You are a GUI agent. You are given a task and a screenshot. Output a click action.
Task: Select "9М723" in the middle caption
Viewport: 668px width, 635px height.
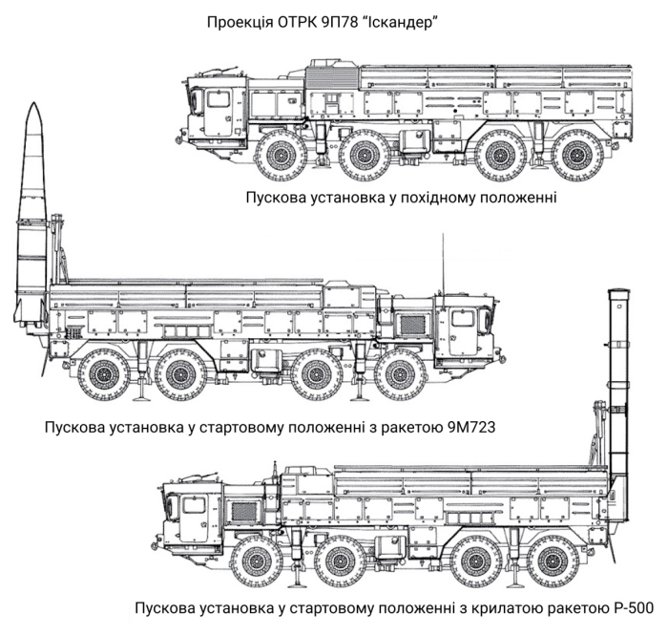click(x=471, y=427)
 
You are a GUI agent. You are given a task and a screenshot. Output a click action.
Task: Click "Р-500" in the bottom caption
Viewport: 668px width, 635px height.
click(x=633, y=608)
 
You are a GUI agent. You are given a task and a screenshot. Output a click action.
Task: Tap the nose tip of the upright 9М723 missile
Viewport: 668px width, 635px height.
click(x=34, y=103)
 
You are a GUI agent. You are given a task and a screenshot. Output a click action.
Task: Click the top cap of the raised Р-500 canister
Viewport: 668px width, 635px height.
click(x=617, y=291)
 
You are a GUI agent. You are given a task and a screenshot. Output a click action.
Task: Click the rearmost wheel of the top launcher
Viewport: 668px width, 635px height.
click(x=578, y=155)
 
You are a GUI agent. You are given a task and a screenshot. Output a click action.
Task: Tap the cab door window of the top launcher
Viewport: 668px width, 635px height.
click(x=219, y=99)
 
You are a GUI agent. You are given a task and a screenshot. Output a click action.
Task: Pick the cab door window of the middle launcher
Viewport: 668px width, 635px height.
click(x=463, y=319)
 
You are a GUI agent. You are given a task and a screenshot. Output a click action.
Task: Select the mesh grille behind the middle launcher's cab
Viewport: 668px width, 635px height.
click(x=412, y=325)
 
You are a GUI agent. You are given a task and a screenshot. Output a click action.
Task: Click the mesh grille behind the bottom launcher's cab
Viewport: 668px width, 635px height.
click(x=243, y=512)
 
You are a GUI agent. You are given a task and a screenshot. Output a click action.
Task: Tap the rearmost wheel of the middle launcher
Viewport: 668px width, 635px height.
click(x=103, y=374)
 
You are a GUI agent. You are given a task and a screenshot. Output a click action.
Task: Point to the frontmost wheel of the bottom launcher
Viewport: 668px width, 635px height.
click(x=257, y=561)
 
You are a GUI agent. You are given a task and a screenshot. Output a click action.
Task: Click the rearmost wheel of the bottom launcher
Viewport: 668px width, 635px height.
click(x=553, y=561)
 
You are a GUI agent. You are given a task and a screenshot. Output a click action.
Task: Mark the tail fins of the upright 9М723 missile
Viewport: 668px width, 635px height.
click(x=30, y=309)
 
